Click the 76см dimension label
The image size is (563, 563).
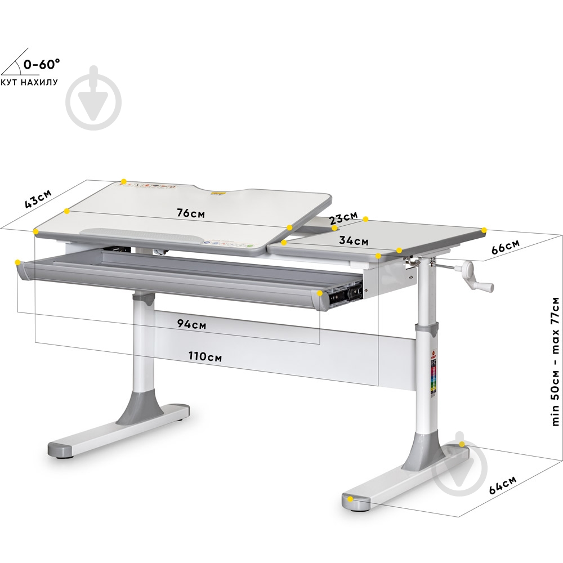click(x=191, y=213)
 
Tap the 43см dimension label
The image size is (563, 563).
click(x=38, y=199)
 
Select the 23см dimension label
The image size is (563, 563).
click(x=343, y=218)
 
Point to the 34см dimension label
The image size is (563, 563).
click(x=354, y=240)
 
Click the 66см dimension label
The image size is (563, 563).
click(x=505, y=247)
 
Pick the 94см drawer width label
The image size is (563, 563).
click(x=192, y=324)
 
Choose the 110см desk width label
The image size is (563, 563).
click(x=205, y=356)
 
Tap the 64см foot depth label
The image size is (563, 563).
click(x=503, y=485)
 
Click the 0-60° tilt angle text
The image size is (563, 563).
click(x=42, y=64)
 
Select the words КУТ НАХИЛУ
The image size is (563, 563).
click(x=29, y=82)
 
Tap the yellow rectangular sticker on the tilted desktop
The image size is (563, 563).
click(x=217, y=193)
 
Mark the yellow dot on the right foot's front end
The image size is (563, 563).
click(x=350, y=499)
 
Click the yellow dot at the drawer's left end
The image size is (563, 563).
click(x=17, y=262)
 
